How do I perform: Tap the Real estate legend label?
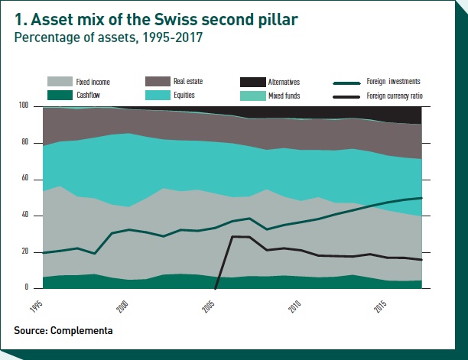pos(190,81)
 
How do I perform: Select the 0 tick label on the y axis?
pos(27,288)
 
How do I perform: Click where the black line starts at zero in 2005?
pos(216,287)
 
